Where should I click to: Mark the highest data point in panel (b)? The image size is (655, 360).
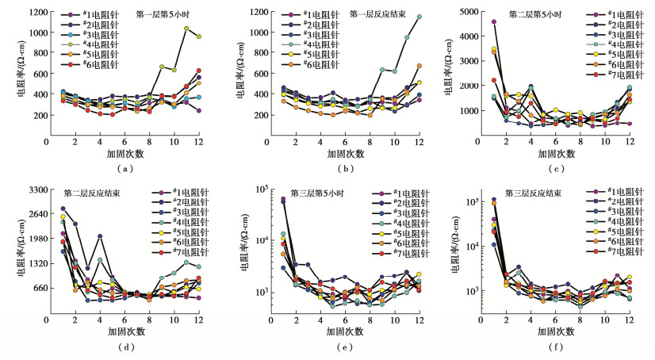[x=419, y=17]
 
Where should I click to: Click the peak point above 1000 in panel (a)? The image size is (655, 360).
[x=186, y=29]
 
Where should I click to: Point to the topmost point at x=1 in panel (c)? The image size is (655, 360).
[x=494, y=22]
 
